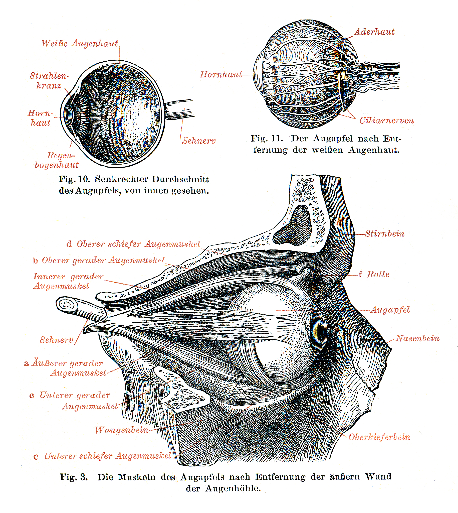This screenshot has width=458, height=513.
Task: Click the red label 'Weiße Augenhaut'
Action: click(80, 43)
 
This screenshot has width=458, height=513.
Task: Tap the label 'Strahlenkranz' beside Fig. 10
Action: click(49, 81)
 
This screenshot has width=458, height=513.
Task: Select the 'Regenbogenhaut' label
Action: click(57, 160)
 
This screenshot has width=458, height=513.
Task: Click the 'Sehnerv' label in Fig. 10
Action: click(199, 141)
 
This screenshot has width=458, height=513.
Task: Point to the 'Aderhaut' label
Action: click(374, 32)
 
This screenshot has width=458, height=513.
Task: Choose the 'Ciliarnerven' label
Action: click(386, 120)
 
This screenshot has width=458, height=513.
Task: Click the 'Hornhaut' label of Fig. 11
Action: click(221, 74)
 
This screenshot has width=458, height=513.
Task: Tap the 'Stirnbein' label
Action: click(385, 233)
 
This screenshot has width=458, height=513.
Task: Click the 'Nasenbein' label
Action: click(417, 338)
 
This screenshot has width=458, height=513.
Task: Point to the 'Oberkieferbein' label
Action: click(379, 437)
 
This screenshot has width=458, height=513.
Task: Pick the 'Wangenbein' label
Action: click(122, 430)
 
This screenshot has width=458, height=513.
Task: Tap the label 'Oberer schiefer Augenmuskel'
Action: click(133, 244)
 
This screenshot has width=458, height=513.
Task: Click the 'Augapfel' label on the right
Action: click(390, 310)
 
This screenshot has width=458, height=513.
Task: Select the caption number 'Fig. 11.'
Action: click(267, 139)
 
